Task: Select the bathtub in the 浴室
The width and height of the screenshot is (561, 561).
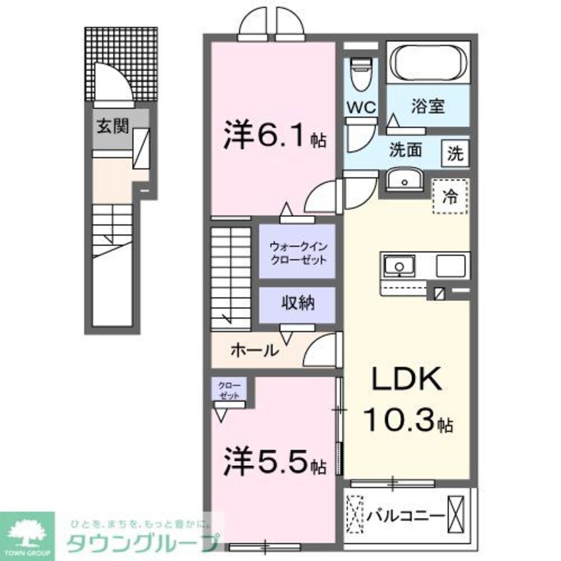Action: [x=429, y=64]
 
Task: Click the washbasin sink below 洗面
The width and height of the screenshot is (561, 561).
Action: [x=406, y=180]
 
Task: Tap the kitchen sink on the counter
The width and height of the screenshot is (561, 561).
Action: [x=399, y=264]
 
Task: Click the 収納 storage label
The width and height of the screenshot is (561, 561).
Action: [x=297, y=304]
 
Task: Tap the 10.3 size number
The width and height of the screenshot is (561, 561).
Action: [x=400, y=419]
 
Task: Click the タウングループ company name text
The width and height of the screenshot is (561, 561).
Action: [x=143, y=543]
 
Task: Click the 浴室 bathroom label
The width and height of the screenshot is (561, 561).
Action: [x=427, y=107]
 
